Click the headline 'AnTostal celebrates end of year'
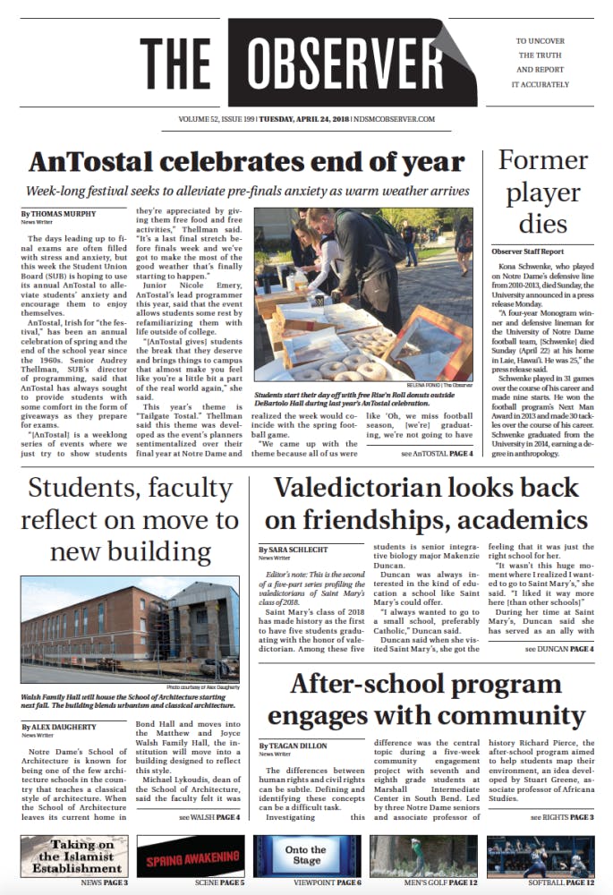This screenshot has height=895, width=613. tap(234, 163)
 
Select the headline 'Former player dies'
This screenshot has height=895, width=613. tap(544, 191)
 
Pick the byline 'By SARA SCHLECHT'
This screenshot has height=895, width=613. tap(294, 549)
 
